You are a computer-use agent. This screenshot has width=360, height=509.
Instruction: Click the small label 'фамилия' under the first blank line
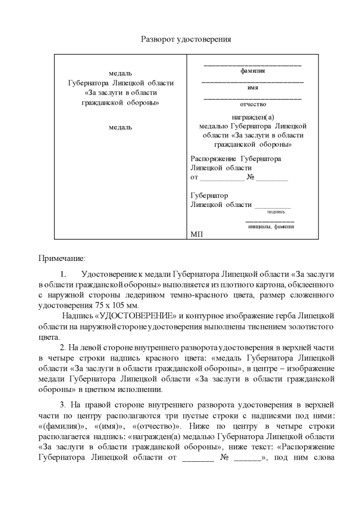click(x=253, y=71)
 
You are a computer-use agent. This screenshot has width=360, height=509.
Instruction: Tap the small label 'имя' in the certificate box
click(x=253, y=87)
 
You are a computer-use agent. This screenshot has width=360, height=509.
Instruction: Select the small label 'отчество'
click(x=253, y=104)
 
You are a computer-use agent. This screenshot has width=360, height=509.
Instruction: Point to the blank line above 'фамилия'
click(x=253, y=65)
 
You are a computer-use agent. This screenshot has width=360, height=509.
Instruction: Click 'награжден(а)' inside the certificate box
click(x=253, y=117)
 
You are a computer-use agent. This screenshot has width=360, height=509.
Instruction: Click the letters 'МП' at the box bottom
click(x=196, y=233)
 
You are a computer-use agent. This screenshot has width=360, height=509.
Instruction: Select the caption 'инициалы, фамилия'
click(x=271, y=226)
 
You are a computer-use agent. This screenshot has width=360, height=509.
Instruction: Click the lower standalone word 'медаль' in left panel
click(x=120, y=127)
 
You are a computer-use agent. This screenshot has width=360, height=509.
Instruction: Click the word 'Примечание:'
click(x=61, y=259)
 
